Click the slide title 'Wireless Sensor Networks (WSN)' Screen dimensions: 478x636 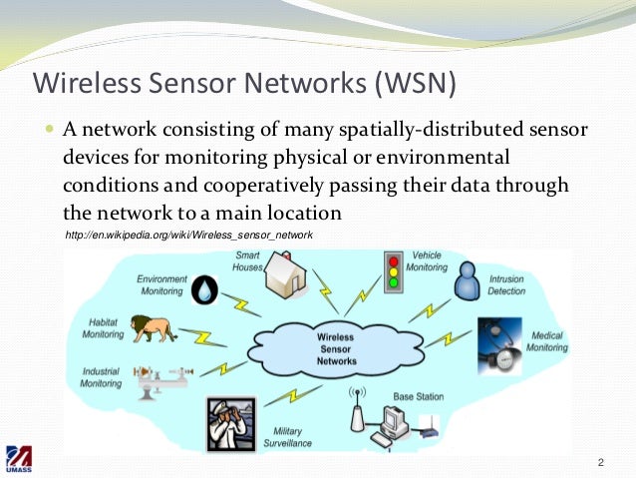pyautogui.click(x=244, y=83)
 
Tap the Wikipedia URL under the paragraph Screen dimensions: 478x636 pyautogui.click(x=188, y=236)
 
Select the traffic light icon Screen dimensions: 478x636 pyautogui.click(x=395, y=269)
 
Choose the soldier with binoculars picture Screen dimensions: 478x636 pyautogui.click(x=228, y=422)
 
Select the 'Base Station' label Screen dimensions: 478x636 pyautogui.click(x=418, y=397)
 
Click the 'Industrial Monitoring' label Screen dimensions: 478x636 pyautogui.click(x=101, y=376)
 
